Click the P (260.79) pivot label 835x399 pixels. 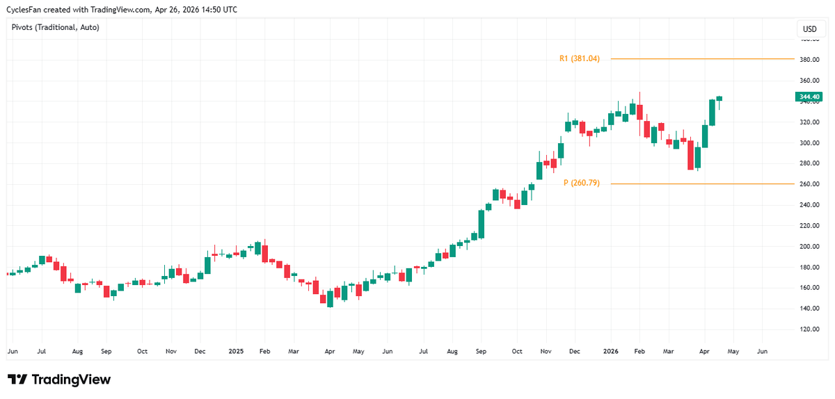tap(581, 184)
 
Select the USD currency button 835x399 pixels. tap(809, 29)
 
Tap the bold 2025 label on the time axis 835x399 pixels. tap(236, 352)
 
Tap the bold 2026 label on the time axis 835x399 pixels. tap(610, 352)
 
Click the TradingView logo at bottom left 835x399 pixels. tap(59, 380)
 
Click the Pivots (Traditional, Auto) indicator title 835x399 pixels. tap(56, 27)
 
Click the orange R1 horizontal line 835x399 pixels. tap(703, 59)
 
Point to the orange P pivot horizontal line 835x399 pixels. tap(703, 184)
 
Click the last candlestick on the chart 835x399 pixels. tap(719, 99)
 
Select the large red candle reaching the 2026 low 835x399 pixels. tap(690, 155)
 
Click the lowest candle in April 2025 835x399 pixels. tap(330, 299)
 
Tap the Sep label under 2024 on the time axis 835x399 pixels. tap(106, 352)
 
